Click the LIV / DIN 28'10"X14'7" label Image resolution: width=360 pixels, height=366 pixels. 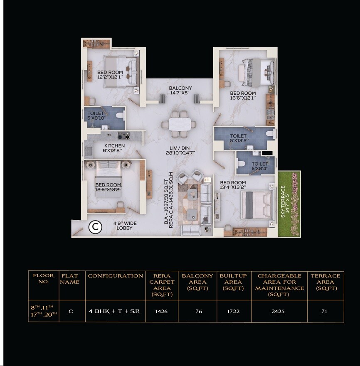click(180, 150)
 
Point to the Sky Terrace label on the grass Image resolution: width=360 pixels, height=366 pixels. click(284, 201)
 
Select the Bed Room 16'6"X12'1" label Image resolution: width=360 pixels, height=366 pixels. click(243, 96)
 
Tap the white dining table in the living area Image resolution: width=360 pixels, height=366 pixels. click(179, 124)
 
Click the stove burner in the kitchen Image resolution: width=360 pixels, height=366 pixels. click(124, 135)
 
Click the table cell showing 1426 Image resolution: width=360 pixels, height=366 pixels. click(161, 311)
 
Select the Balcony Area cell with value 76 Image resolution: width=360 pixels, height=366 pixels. click(199, 311)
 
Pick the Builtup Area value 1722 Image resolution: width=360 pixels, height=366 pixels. click(233, 311)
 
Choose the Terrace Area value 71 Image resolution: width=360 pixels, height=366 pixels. click(325, 311)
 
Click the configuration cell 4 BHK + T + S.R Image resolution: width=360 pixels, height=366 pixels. click(115, 311)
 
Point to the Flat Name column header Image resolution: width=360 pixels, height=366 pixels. click(71, 279)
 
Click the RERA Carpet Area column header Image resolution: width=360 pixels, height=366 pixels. click(161, 285)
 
